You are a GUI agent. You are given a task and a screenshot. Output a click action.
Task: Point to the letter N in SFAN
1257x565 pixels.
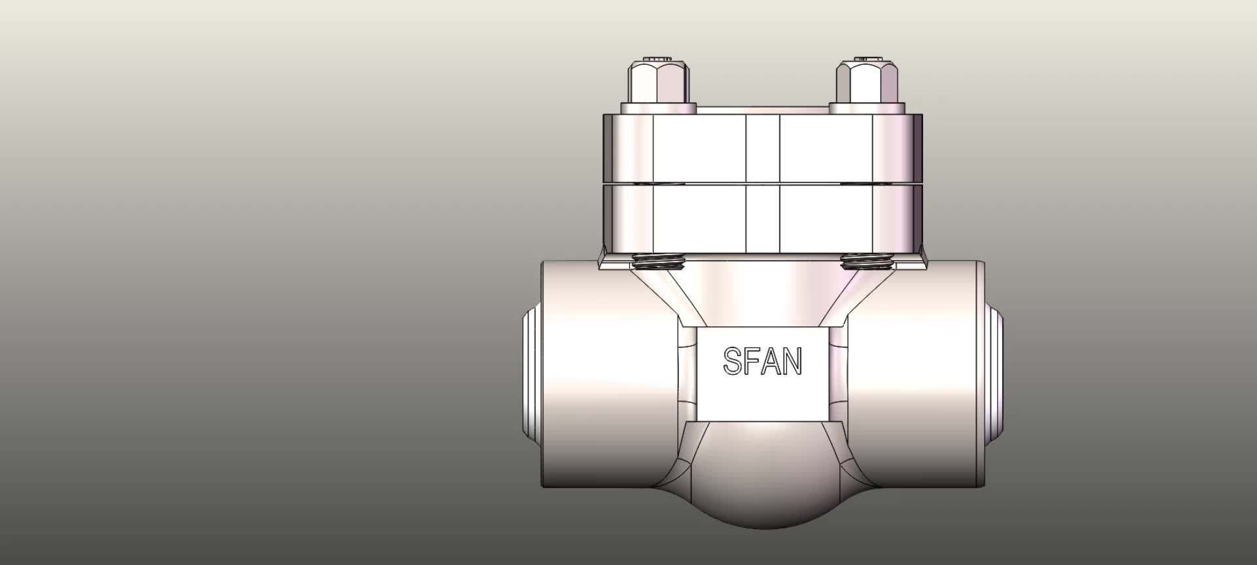[792, 361]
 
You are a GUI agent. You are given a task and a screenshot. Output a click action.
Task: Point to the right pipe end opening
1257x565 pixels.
[995, 374]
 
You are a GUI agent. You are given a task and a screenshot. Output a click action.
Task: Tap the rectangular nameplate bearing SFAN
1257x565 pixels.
[763, 374]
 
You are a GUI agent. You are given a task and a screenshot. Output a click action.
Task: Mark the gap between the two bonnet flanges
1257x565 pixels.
[763, 182]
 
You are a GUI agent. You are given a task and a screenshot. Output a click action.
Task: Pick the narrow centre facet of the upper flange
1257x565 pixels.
[763, 147]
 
